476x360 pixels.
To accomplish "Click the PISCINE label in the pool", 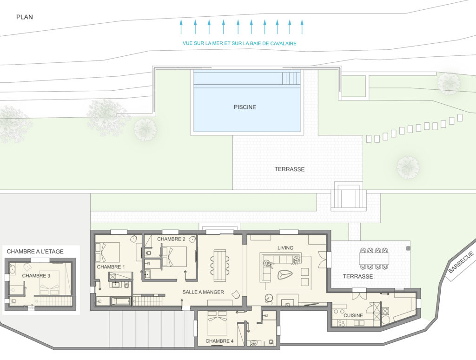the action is click(245, 107).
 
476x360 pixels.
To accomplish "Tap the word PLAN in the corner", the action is click(25, 17).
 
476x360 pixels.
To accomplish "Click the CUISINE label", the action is click(353, 315).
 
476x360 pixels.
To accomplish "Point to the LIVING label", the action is click(285, 248).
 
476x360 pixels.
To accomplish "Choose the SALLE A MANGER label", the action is click(203, 292).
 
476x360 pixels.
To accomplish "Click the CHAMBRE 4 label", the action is click(219, 341).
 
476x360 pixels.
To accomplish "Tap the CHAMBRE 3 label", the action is click(36, 276).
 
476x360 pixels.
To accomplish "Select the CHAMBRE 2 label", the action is click(171, 239).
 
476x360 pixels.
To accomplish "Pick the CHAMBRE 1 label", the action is click(111, 267).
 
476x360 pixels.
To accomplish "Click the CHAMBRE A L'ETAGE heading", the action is click(35, 252).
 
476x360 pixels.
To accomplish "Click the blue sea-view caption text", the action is click(239, 43).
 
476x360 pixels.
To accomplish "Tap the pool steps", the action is click(291, 78).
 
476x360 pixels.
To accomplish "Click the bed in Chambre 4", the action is click(217, 323).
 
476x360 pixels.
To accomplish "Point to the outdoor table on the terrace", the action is click(374, 259).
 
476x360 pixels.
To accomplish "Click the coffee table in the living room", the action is click(285, 275).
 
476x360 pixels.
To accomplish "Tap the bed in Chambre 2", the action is click(174, 257).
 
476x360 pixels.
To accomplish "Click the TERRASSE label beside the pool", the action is click(290, 169).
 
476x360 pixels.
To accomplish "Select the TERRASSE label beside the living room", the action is click(358, 276).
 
